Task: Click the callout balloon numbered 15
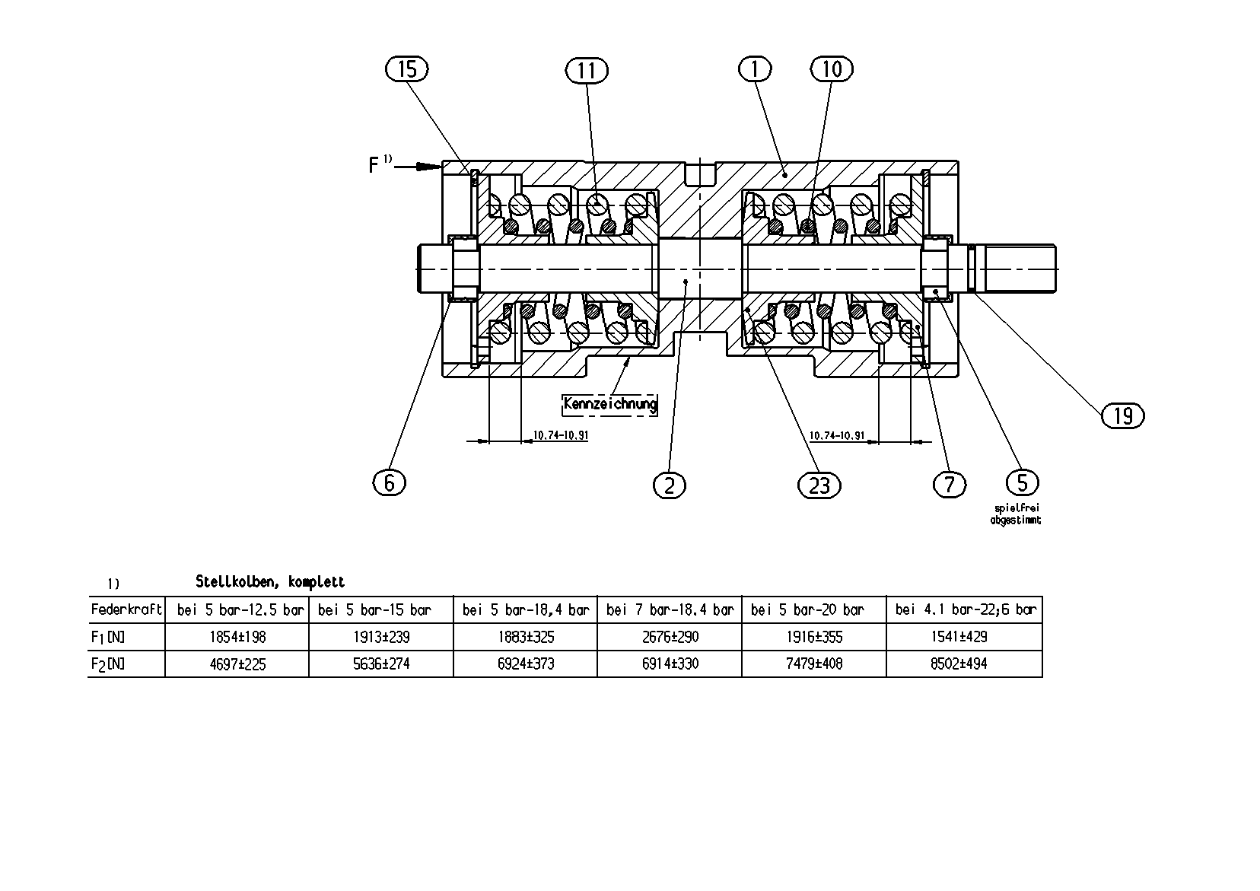pos(407,69)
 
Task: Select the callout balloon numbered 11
pos(587,71)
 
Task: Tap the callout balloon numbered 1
pos(755,69)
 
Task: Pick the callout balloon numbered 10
pos(832,69)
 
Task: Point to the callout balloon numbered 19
pos(1123,415)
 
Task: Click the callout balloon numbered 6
pos(390,482)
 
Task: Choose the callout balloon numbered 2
pos(670,485)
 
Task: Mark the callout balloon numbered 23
pos(819,485)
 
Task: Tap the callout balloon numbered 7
pos(950,485)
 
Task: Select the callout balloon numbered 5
pos(1022,482)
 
